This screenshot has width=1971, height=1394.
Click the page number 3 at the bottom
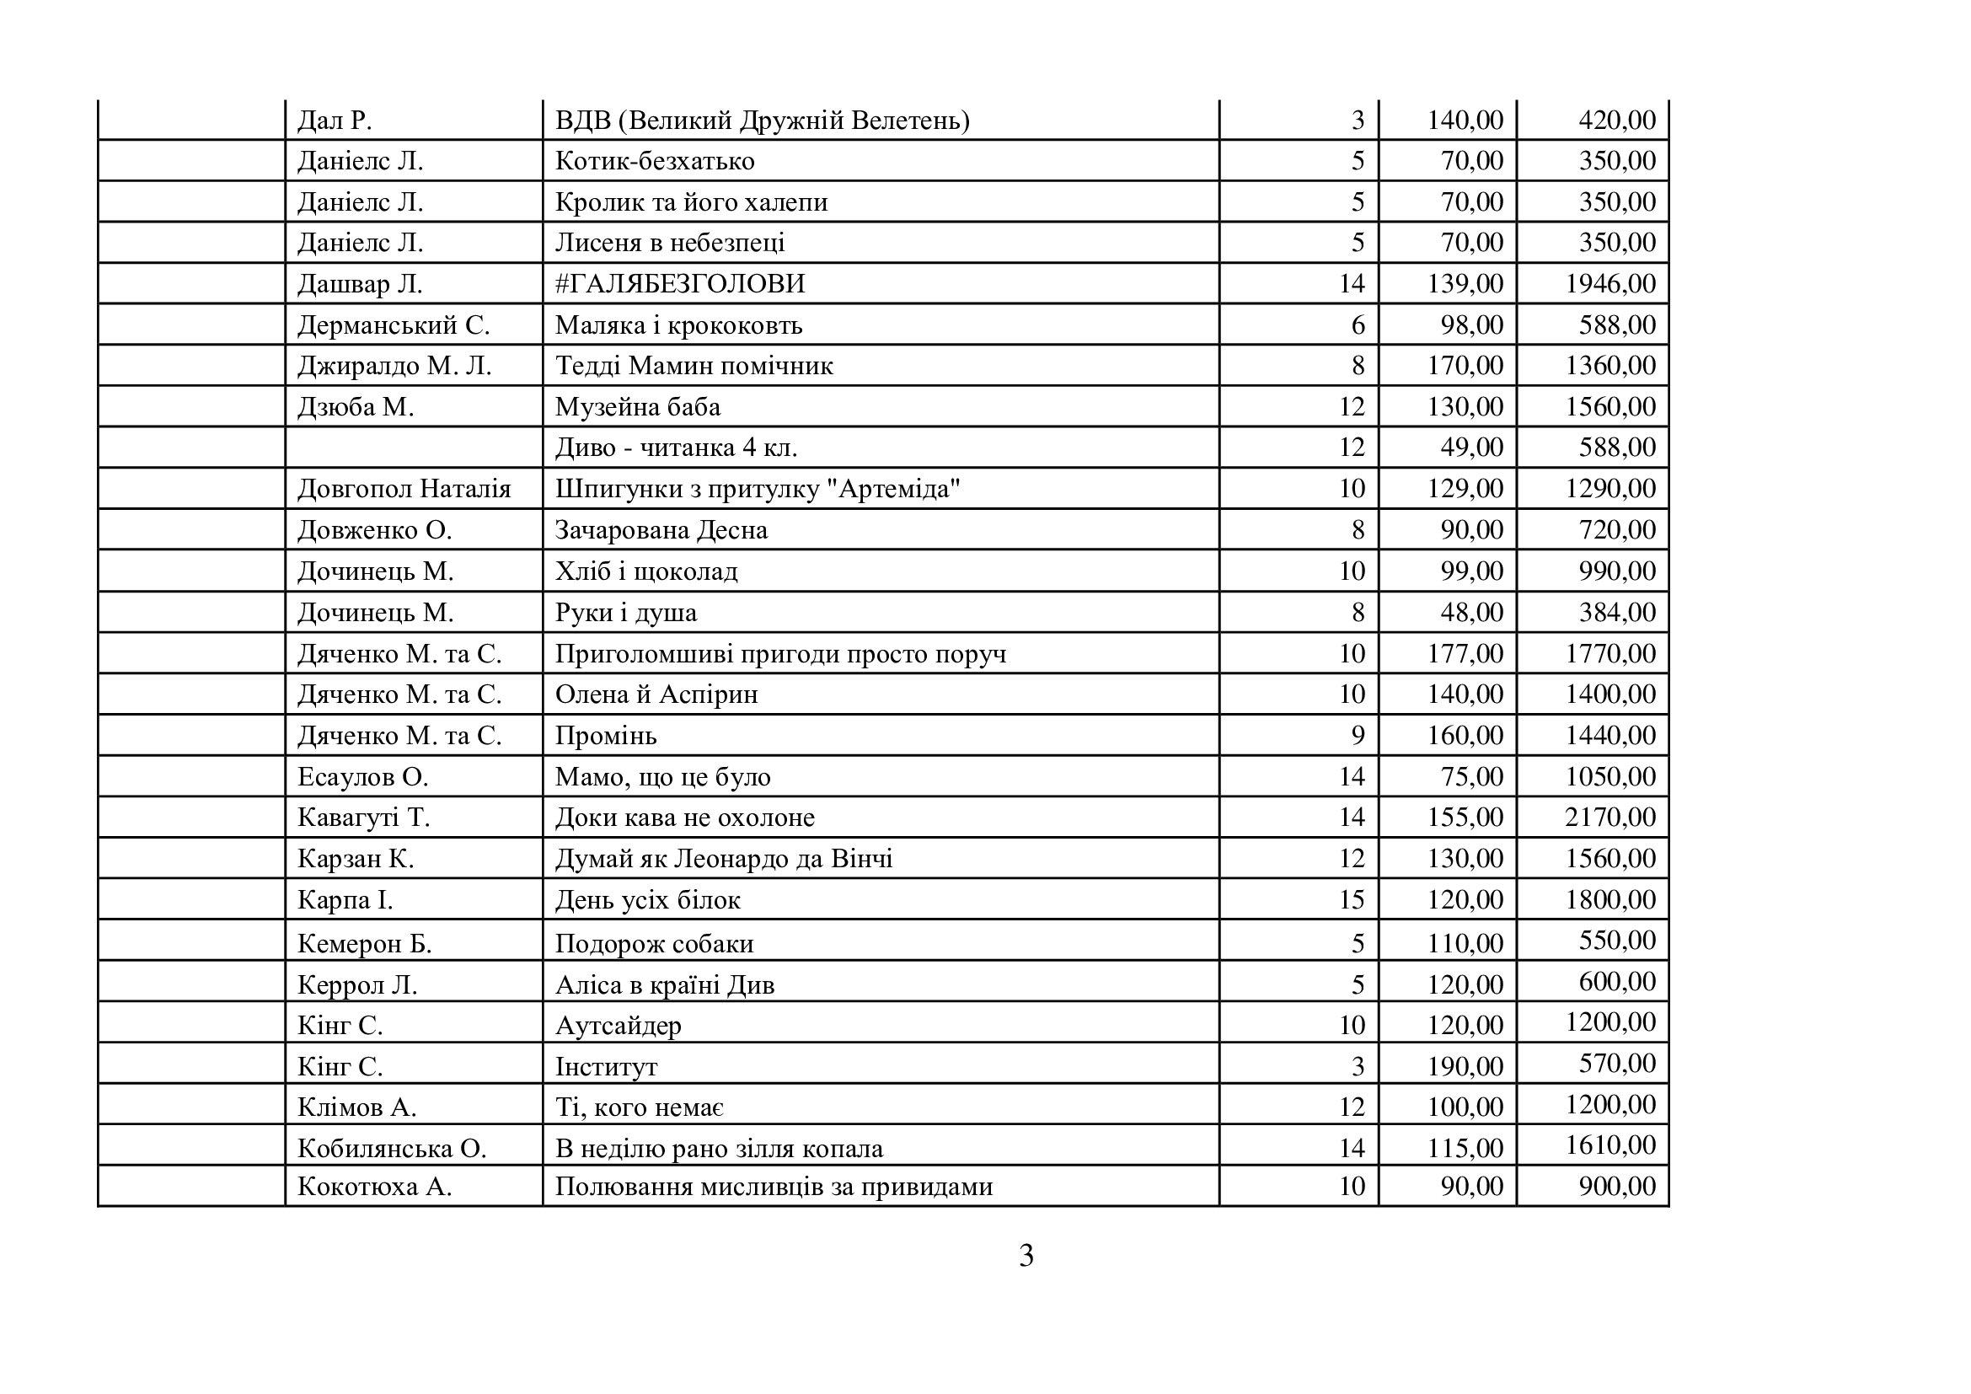[x=1026, y=1256]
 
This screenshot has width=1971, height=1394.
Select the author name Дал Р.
[x=335, y=121]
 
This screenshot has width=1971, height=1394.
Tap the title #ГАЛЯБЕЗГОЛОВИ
[x=680, y=284]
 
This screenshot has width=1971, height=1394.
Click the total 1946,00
[x=1610, y=284]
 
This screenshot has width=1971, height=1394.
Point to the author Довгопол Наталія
[x=404, y=490]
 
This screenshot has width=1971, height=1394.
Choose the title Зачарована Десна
[x=661, y=530]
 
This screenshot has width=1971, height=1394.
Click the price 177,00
[x=1465, y=654]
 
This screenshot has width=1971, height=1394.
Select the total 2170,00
[x=1610, y=818]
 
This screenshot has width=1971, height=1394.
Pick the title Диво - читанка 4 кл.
[x=676, y=448]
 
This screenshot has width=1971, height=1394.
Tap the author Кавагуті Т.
[x=363, y=818]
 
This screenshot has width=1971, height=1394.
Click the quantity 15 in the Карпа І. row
[x=1351, y=899]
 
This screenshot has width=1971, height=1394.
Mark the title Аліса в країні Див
[x=664, y=984]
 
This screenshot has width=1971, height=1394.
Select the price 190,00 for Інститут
[x=1465, y=1067]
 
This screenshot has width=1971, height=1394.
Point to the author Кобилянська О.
[x=392, y=1149]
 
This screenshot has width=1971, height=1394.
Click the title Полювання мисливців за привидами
[x=774, y=1188]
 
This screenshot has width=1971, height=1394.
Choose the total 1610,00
[x=1610, y=1145]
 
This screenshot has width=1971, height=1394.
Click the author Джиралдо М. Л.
[x=394, y=367]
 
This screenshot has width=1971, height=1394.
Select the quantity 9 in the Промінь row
[x=1358, y=736]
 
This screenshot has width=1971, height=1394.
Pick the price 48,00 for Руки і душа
[x=1471, y=613]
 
